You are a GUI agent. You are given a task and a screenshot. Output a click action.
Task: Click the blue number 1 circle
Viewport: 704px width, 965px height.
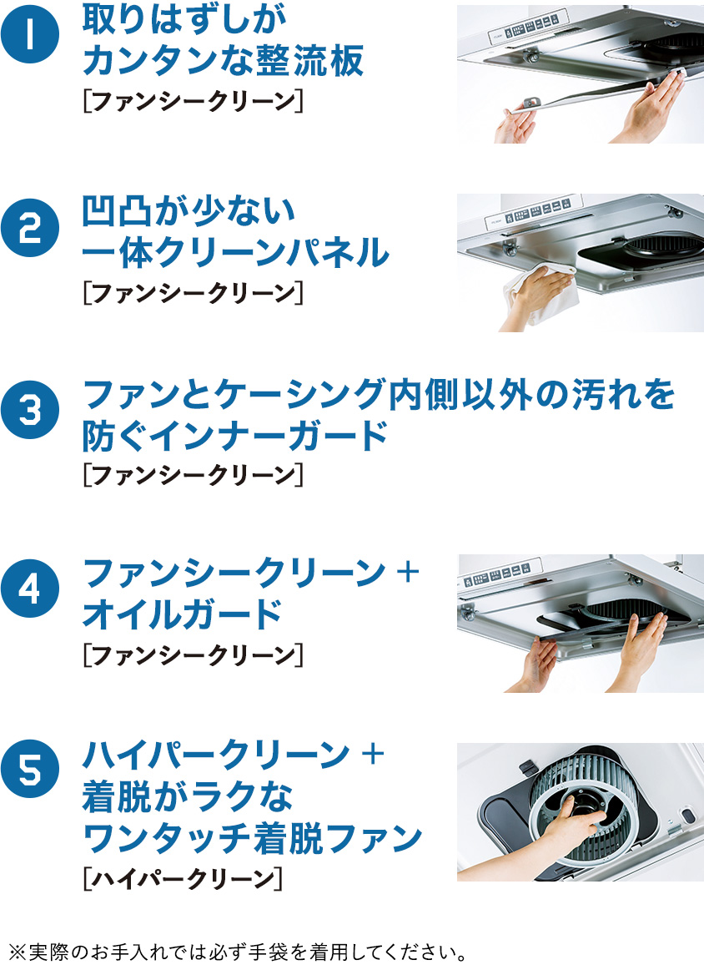(30, 33)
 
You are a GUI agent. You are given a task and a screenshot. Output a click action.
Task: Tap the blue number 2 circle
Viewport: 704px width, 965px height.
(30, 229)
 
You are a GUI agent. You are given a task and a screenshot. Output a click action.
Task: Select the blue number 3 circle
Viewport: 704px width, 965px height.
(30, 411)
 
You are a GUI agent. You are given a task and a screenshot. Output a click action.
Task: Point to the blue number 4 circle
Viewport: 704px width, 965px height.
(30, 589)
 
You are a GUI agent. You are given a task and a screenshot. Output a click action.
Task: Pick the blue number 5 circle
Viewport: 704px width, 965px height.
(30, 769)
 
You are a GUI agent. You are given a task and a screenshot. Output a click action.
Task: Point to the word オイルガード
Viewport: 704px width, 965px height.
(182, 614)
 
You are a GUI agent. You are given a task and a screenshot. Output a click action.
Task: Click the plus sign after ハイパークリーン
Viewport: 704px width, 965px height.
(373, 753)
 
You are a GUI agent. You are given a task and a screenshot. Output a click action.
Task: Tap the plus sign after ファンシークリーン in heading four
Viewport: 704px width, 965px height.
(408, 572)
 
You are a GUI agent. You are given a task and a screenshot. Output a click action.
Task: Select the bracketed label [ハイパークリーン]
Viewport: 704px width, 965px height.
(183, 878)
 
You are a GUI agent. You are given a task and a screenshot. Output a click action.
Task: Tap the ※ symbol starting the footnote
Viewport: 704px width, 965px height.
(18, 952)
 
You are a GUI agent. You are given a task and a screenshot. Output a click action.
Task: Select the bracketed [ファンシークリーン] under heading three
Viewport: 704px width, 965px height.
(193, 475)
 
